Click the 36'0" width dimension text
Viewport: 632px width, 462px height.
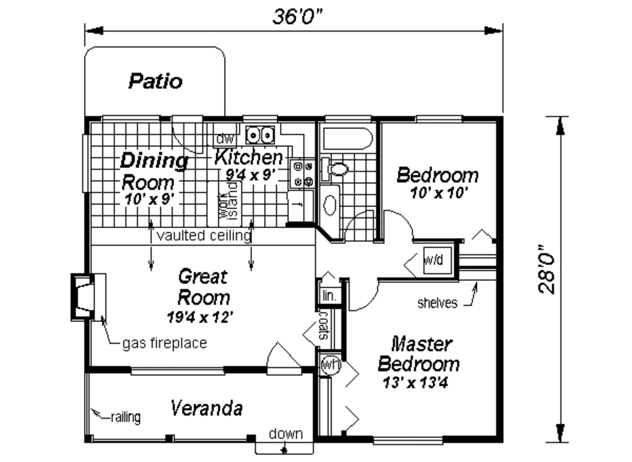[297, 17]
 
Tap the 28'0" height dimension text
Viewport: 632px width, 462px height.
[547, 269]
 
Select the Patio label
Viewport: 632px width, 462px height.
[156, 81]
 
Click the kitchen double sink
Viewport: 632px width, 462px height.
[260, 135]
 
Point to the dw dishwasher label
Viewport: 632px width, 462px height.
[225, 139]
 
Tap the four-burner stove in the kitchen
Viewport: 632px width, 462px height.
[302, 174]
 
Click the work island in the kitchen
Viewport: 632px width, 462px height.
[225, 204]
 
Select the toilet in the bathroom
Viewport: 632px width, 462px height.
[334, 169]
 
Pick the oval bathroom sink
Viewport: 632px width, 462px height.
[330, 205]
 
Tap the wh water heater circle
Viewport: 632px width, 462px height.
[331, 365]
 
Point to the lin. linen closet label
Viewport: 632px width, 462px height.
[330, 296]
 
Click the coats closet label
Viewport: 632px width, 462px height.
[323, 325]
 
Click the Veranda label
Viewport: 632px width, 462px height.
[206, 408]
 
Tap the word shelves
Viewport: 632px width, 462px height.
[438, 303]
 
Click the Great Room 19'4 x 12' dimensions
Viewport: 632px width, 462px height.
[200, 317]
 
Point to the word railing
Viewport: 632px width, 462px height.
[126, 417]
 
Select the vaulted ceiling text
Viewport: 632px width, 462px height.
[204, 235]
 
